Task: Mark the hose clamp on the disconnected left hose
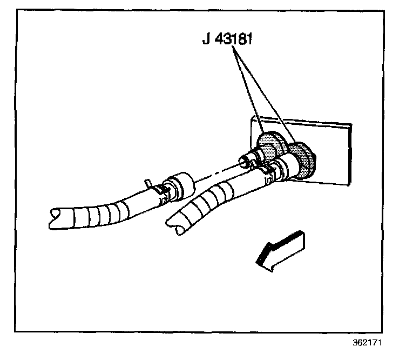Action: coord(158,190)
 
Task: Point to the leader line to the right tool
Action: coord(265,92)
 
